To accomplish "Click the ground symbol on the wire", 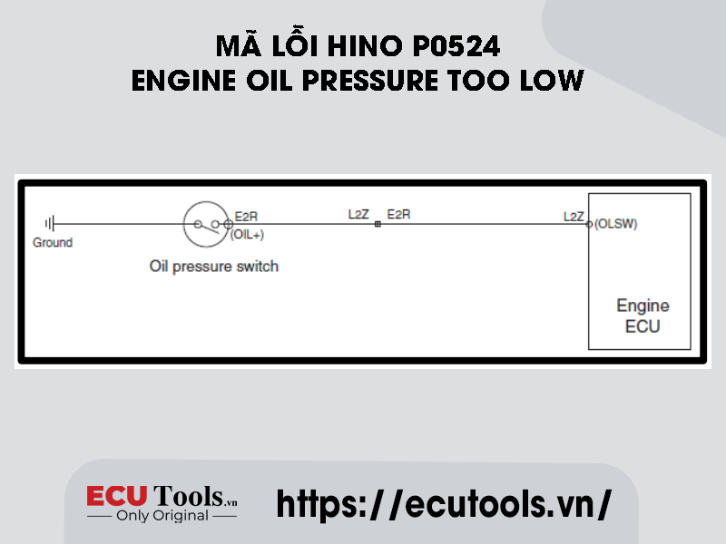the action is tap(50, 224).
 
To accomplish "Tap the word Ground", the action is tap(53, 242).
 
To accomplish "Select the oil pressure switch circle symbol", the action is tap(206, 224).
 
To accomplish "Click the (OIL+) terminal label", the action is tap(247, 235).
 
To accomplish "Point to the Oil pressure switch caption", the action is tap(214, 267).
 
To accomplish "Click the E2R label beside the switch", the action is tap(246, 217).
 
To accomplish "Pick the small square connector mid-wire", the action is tap(378, 224).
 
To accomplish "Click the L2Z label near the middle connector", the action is tap(358, 214).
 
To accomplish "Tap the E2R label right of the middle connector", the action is tap(398, 214).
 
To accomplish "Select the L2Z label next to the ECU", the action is tap(574, 217).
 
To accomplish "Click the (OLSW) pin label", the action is tap(616, 224).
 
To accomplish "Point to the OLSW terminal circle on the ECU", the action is tap(589, 224).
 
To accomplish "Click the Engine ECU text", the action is tap(643, 316).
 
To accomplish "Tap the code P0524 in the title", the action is tap(456, 46).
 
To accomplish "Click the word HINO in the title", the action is tap(365, 46).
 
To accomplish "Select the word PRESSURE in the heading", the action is tap(370, 81).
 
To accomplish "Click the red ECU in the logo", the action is tap(117, 496).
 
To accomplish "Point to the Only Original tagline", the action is tap(162, 515).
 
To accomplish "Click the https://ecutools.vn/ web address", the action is tap(444, 504).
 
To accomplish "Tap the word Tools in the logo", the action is tap(189, 496).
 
